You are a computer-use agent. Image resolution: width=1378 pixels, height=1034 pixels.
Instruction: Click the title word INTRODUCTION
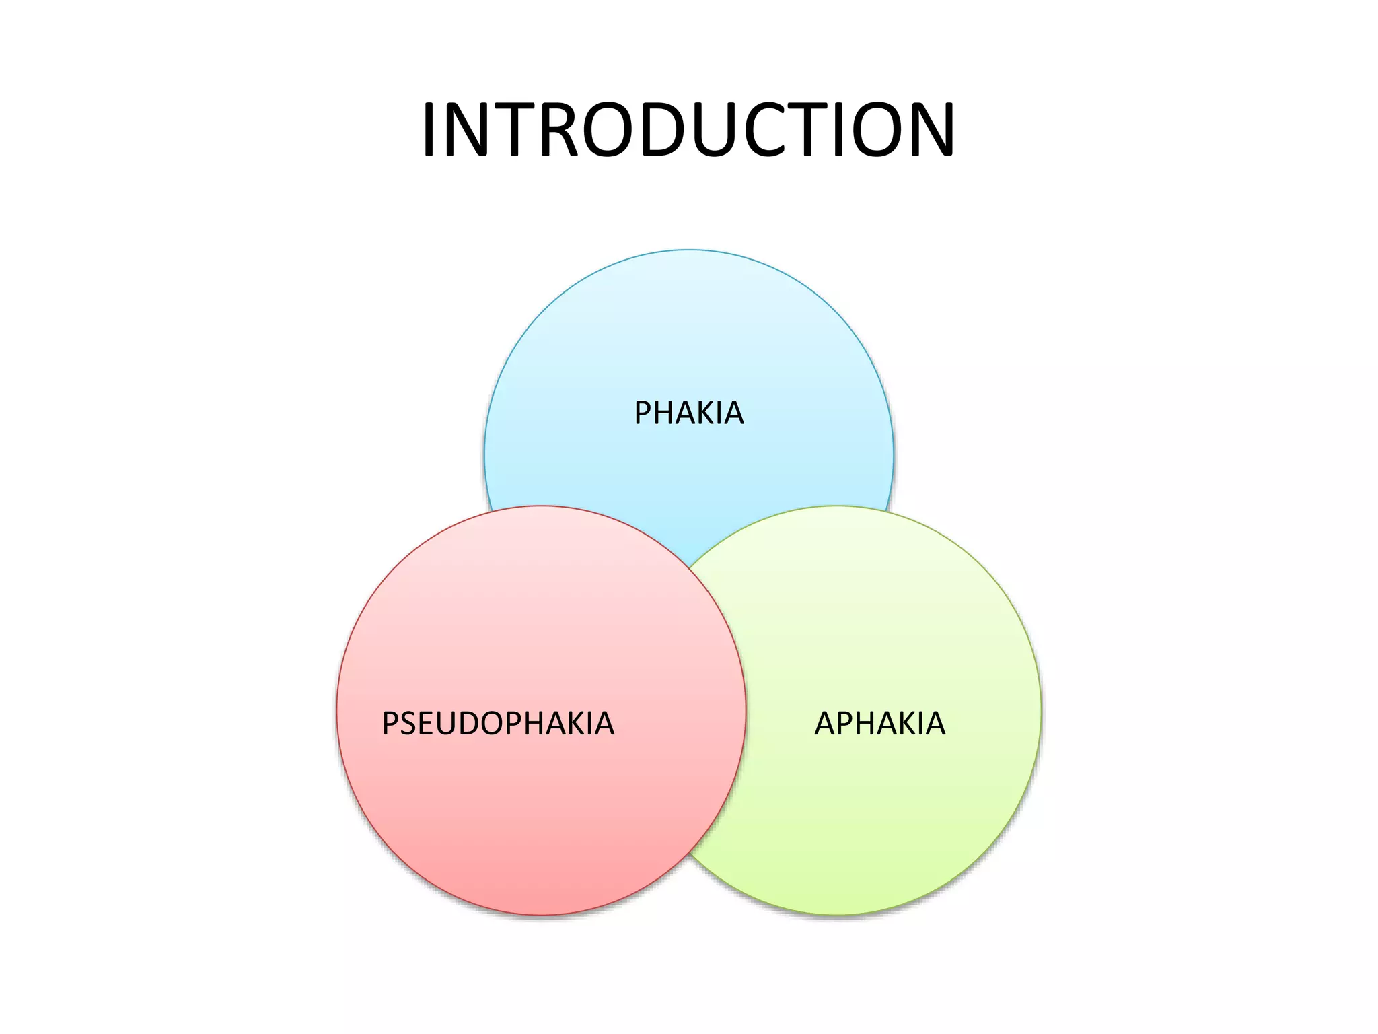coord(688,129)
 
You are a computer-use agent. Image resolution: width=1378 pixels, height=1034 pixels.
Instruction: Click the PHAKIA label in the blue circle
coord(689,413)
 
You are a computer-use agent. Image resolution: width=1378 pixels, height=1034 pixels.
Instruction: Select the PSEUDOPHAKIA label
coord(498,724)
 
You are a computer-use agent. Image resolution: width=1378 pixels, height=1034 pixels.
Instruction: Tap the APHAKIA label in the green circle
coord(880,724)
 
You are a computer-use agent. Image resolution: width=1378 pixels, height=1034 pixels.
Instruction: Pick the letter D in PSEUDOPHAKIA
coord(471,724)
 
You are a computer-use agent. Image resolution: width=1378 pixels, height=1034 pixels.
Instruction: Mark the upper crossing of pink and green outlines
coord(690,567)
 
